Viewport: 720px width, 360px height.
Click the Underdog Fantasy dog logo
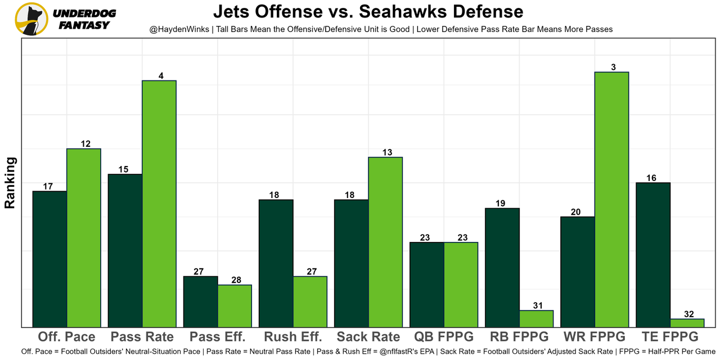click(x=31, y=19)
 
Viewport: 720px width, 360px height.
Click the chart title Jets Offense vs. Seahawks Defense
click(x=368, y=11)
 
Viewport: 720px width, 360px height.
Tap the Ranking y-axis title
click(x=10, y=183)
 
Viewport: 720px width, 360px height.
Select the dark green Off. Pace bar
click(x=49, y=259)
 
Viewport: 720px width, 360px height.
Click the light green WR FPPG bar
click(x=611, y=200)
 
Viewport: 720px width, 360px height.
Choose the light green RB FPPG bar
click(x=536, y=318)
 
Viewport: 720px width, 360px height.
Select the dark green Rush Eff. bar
click(x=276, y=263)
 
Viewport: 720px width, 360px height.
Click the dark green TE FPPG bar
click(x=652, y=255)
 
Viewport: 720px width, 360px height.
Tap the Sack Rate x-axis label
click(x=368, y=337)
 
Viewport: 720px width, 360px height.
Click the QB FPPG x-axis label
click(x=444, y=337)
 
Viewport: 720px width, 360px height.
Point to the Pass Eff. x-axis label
click(x=218, y=337)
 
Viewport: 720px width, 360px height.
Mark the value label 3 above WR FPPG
click(x=613, y=67)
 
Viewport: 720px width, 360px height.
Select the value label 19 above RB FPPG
click(x=502, y=204)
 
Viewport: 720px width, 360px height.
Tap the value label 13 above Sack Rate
click(x=387, y=152)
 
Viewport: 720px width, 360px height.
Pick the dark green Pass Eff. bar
click(x=201, y=301)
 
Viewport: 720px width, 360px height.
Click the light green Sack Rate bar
click(x=385, y=242)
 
